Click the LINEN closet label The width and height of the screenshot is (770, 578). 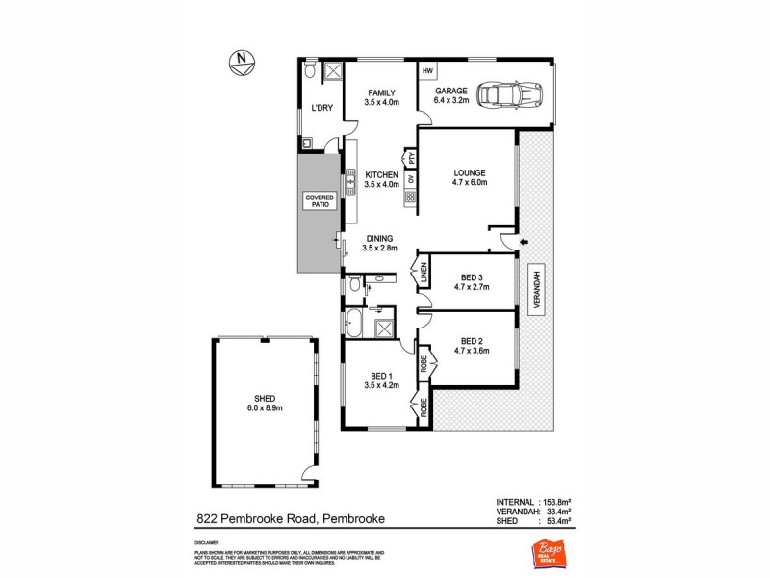click(422, 275)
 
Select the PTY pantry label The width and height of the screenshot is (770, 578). click(410, 157)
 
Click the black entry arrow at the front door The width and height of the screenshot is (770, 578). click(524, 241)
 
